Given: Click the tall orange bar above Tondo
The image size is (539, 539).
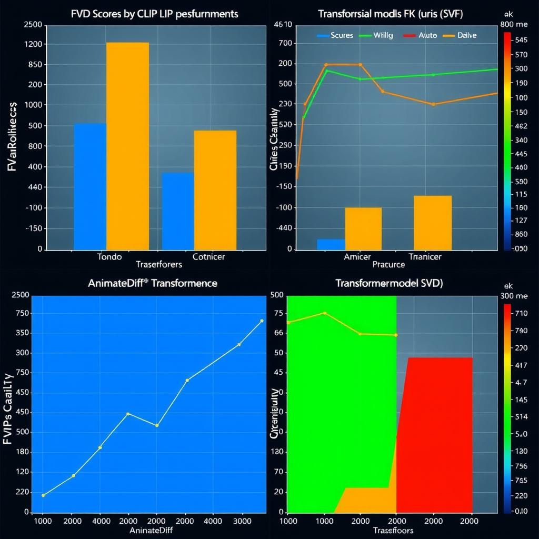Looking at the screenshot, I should coord(127,146).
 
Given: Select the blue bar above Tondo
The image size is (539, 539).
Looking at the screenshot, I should coord(90,186).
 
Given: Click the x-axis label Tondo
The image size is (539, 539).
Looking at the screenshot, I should coord(109,257).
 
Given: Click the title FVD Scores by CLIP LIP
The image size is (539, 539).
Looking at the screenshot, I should coord(154,14).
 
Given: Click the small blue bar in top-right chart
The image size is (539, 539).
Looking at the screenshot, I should coord(331,244).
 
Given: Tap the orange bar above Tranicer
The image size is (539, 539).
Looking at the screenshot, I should coord(433,223).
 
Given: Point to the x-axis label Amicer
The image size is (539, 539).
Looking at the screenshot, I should coord(357,257).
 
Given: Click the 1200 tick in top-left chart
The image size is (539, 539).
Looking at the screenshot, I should coord(33,44).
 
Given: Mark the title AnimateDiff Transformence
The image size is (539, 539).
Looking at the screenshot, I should coord(152,283).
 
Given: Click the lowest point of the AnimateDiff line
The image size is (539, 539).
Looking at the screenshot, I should coord(43,495).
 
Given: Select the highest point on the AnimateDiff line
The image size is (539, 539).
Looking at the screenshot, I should coord(262,321).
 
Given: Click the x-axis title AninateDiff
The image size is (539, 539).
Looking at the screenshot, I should coord(151,530).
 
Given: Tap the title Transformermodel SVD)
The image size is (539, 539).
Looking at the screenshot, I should coord(390,283).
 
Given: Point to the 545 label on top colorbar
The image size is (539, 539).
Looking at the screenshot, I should coord(522,40).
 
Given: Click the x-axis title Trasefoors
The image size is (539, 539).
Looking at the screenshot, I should coord(392,530).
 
